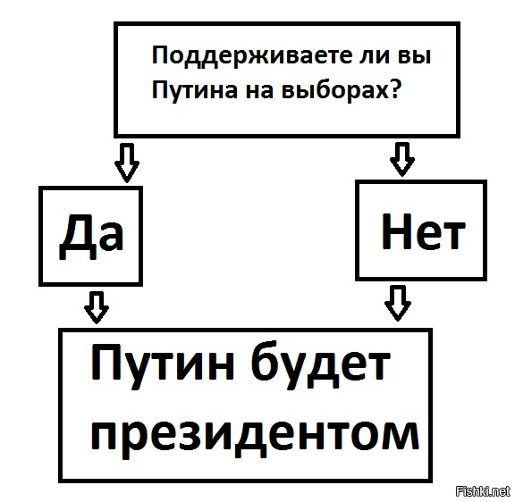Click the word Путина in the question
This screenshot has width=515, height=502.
(194, 90)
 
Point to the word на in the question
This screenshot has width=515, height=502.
(259, 90)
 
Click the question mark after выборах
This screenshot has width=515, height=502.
(393, 88)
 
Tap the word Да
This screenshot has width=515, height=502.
(91, 235)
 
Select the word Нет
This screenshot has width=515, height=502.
(424, 231)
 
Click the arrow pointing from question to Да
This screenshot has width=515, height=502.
(127, 163)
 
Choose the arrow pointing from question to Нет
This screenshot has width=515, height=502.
(402, 159)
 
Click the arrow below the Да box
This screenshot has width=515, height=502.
(97, 307)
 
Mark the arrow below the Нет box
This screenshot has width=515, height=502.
(398, 303)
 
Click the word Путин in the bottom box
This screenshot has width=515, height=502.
(162, 364)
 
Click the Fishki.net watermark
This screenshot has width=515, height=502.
(483, 491)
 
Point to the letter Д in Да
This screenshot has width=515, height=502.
(78, 236)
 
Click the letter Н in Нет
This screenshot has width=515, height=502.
(397, 231)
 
